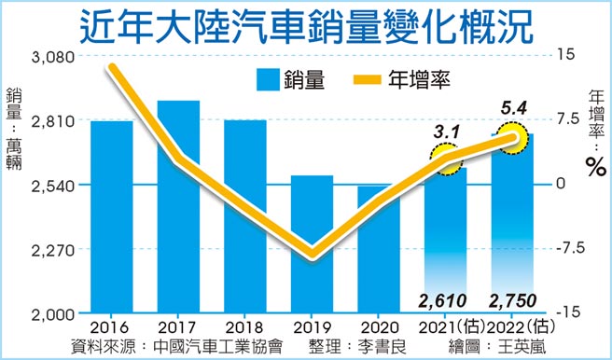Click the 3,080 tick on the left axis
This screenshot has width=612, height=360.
(49, 57)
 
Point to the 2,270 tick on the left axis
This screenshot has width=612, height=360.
(49, 250)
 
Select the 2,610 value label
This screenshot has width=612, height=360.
(445, 300)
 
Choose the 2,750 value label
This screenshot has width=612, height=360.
(512, 300)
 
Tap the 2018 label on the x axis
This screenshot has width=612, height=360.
(244, 327)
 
